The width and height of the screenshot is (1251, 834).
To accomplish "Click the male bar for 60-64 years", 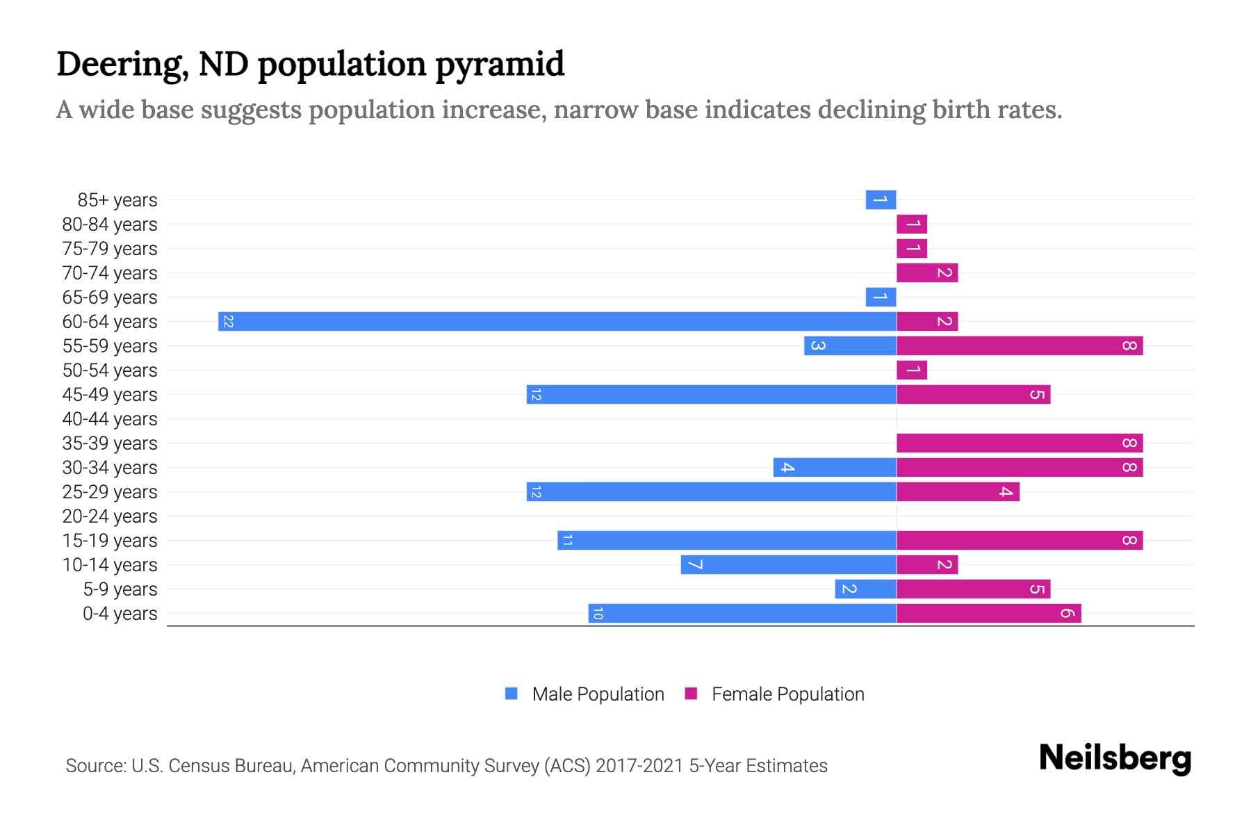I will pyautogui.click(x=556, y=322).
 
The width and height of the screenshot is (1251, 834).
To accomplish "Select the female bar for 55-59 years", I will pyautogui.click(x=1020, y=346).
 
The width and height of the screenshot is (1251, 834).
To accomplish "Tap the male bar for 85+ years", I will pyautogui.click(x=881, y=200).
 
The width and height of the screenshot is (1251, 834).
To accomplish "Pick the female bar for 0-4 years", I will pyautogui.click(x=988, y=614).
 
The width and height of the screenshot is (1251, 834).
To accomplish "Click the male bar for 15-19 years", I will pyautogui.click(x=726, y=541).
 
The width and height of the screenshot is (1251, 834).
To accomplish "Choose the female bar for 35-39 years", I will pyautogui.click(x=1020, y=443).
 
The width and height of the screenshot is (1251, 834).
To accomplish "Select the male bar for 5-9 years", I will pyautogui.click(x=865, y=589).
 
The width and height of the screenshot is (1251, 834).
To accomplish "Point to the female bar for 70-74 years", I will pyautogui.click(x=927, y=273).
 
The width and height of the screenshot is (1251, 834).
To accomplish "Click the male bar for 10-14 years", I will pyautogui.click(x=788, y=565).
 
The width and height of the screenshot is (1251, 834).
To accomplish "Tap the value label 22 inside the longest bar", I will pyautogui.click(x=228, y=322).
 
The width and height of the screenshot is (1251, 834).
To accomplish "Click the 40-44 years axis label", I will pyautogui.click(x=110, y=419).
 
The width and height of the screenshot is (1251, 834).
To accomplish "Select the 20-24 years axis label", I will pyautogui.click(x=110, y=516).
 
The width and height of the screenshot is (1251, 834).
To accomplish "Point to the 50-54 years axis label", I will pyautogui.click(x=110, y=370).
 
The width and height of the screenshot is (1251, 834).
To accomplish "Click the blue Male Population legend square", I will pyautogui.click(x=512, y=694).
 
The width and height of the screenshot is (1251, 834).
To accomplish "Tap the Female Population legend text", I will pyautogui.click(x=787, y=694).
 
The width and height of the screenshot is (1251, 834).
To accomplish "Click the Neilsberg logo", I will pyautogui.click(x=1115, y=758).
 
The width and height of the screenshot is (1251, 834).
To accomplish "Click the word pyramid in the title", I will pyautogui.click(x=500, y=65).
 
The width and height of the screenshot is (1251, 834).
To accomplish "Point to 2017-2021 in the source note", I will pyautogui.click(x=639, y=766).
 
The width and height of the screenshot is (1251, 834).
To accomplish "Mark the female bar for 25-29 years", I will pyautogui.click(x=958, y=492).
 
